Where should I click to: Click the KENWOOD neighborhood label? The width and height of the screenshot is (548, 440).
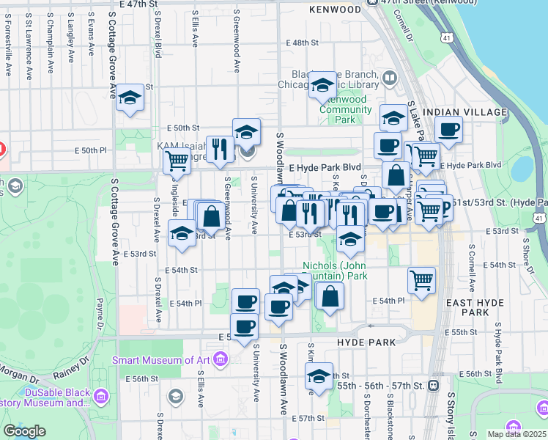click(335, 10)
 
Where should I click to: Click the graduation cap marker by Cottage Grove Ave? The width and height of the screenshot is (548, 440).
click(130, 98)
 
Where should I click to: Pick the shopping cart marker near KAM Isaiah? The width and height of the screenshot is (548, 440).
click(177, 161)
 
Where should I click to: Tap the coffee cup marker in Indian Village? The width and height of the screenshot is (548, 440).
click(448, 131)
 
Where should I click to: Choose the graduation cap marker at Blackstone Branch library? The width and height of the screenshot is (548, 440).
click(322, 86)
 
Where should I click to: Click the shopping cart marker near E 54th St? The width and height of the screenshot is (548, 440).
click(421, 279)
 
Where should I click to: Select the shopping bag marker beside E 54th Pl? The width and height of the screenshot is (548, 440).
click(330, 296)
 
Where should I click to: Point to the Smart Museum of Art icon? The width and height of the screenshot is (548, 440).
click(222, 359)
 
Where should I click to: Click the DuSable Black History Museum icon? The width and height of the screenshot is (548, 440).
click(101, 397)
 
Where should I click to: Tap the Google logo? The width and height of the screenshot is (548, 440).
click(24, 431)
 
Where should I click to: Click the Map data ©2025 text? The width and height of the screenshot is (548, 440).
click(516, 434)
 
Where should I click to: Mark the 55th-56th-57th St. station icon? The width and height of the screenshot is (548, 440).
click(434, 385)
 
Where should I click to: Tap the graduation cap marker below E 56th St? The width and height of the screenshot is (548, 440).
click(318, 377)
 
